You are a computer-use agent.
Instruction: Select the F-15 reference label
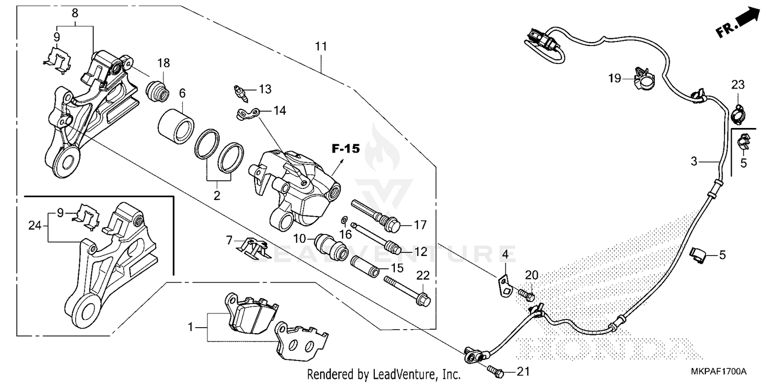pyautogui.click(x=346, y=149)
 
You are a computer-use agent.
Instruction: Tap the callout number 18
pyautogui.click(x=163, y=63)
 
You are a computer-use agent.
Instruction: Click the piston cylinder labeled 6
pyautogui.click(x=175, y=125)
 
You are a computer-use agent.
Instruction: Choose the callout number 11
pyautogui.click(x=321, y=47)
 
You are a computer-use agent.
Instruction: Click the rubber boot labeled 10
pyautogui.click(x=331, y=246)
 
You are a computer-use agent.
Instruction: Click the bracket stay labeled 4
pyautogui.click(x=505, y=285)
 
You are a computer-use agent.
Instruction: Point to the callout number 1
pyautogui.click(x=191, y=326)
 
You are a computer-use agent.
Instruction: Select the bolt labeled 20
pyautogui.click(x=526, y=294)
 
